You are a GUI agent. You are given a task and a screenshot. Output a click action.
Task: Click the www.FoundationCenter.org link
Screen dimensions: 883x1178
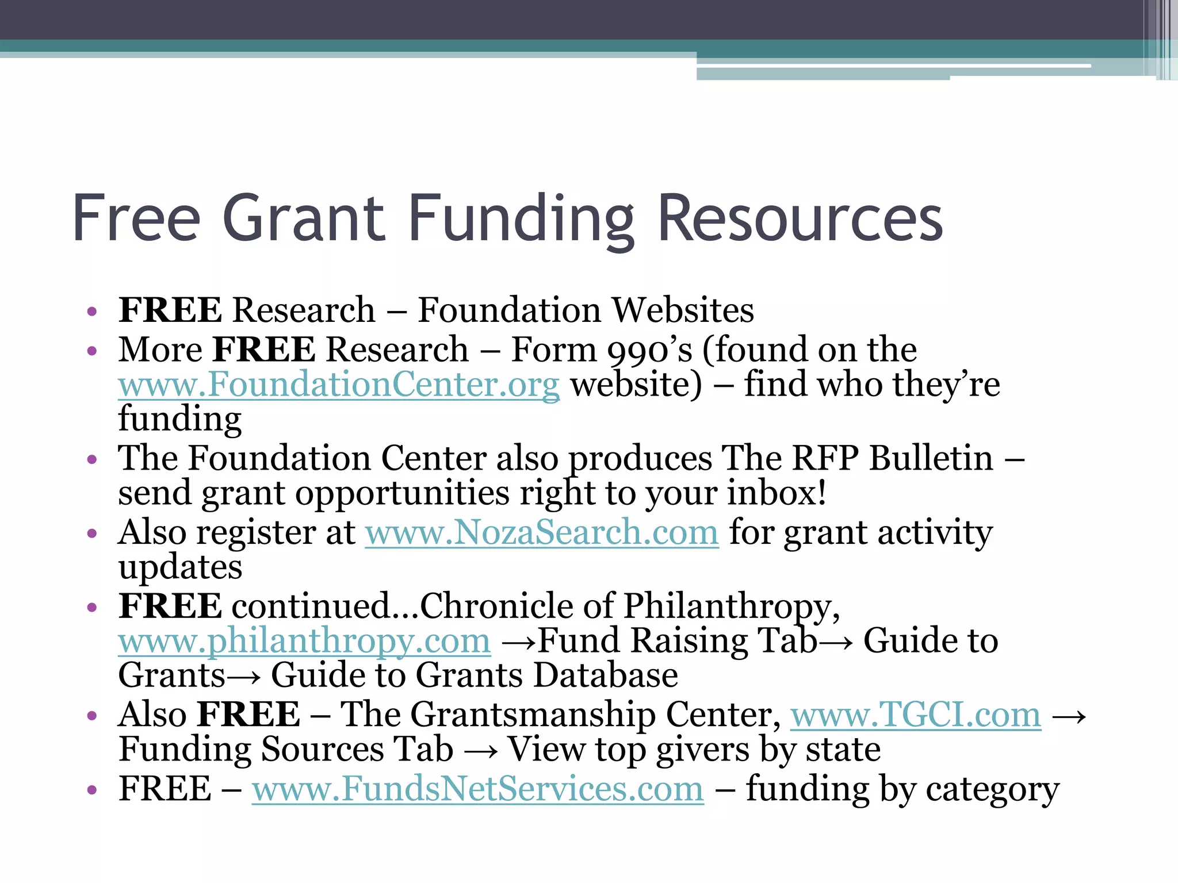pos(339,385)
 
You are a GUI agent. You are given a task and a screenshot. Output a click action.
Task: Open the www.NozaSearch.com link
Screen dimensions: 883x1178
pos(542,532)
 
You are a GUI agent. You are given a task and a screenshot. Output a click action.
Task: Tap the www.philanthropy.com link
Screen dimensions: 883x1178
pos(304,640)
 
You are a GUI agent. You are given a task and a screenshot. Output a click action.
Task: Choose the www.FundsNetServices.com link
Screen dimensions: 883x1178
pos(477,789)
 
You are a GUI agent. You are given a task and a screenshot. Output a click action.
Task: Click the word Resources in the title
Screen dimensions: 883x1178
pos(800,218)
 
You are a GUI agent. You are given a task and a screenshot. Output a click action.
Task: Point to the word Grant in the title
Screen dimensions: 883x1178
pos(303,218)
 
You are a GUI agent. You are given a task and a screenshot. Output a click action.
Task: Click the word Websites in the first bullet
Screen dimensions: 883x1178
pos(682,310)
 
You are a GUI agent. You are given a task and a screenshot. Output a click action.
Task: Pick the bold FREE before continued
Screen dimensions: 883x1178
pos(170,606)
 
